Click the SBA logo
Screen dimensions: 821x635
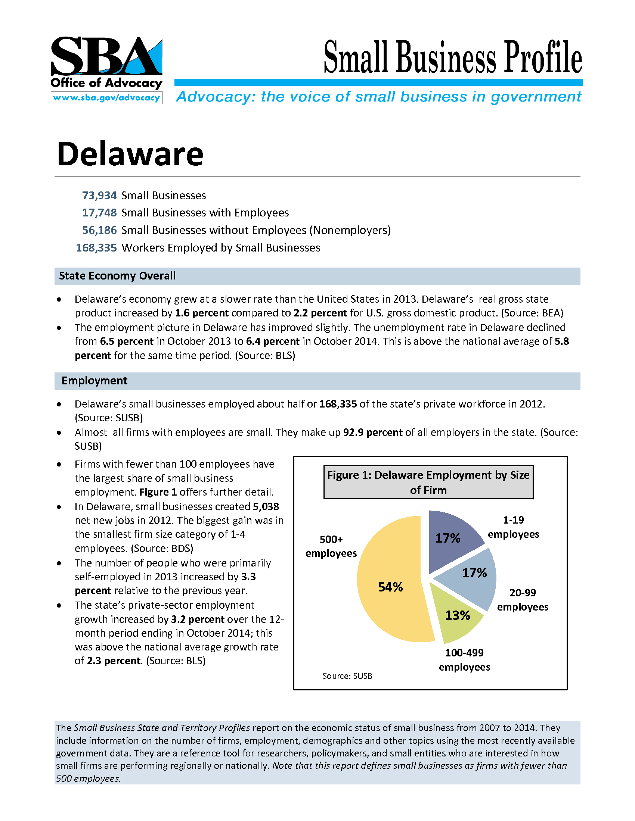106,56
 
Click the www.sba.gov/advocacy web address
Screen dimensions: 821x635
106,98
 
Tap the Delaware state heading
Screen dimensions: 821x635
130,154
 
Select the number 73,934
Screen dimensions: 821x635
99,196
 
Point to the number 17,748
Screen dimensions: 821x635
99,213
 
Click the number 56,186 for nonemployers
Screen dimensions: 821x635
99,230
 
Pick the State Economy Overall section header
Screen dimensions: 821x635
117,276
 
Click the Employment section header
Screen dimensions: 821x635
95,381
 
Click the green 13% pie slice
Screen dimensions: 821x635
457,616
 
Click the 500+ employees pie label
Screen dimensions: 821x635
331,546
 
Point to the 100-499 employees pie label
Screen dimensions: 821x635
464,660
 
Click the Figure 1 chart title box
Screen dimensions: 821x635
428,482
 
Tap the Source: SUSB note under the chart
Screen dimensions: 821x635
347,676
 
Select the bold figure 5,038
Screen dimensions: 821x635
266,507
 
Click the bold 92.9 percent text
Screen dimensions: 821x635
372,432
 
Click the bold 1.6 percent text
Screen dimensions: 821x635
202,313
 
